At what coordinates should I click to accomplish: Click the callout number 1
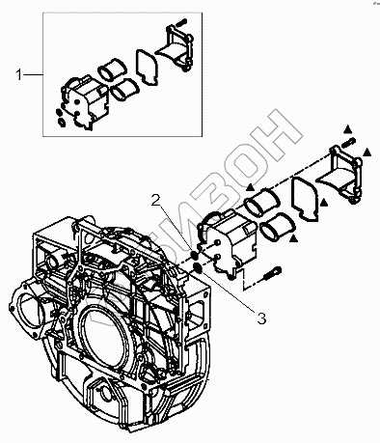[18, 75]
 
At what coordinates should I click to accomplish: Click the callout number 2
[156, 201]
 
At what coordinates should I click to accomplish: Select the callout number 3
[261, 318]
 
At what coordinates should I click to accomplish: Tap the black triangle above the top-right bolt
[347, 129]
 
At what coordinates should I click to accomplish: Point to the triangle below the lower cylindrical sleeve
[293, 238]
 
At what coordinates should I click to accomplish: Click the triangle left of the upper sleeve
[251, 187]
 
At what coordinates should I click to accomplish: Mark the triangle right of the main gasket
[324, 202]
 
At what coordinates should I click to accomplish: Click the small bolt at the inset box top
[181, 23]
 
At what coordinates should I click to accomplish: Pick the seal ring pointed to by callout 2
[194, 256]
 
